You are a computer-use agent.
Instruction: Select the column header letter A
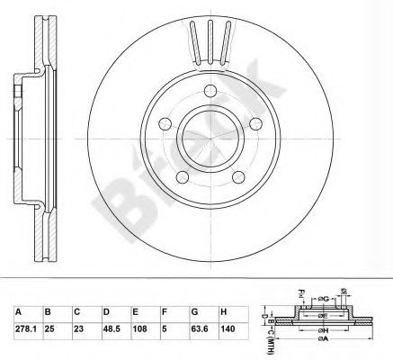[x=18, y=309]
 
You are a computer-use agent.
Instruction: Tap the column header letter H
[x=222, y=309]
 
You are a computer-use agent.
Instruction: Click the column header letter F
[x=165, y=309]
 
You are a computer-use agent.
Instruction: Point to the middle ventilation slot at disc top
[x=209, y=40]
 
